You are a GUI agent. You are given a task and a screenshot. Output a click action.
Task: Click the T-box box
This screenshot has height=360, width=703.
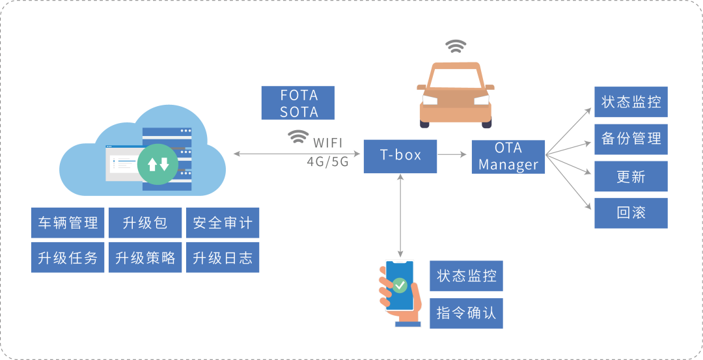coord(400,156)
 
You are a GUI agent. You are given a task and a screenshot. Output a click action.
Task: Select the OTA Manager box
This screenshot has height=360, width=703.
coord(508,157)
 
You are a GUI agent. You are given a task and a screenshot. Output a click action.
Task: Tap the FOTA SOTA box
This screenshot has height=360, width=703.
coord(298,103)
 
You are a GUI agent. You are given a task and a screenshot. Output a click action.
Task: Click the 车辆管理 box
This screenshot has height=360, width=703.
coord(68,223)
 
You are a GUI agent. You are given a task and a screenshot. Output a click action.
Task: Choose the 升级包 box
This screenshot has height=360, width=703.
coord(145,223)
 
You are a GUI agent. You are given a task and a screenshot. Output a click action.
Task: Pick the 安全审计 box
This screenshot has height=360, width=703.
coord(223,223)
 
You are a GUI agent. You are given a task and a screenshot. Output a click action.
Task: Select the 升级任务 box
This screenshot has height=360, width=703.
coord(68,257)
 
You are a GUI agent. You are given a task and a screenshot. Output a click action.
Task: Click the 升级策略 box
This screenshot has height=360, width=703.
coord(145,257)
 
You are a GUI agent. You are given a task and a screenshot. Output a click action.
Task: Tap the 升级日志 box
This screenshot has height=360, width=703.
coord(223,257)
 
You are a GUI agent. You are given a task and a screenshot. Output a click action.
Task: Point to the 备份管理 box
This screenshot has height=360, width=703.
coord(631,139)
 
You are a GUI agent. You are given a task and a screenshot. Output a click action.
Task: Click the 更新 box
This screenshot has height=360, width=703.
coord(631,176)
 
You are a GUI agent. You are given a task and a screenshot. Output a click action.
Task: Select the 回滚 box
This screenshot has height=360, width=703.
coord(631,213)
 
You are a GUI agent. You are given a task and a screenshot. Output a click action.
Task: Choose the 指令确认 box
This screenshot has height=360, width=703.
coord(466,313)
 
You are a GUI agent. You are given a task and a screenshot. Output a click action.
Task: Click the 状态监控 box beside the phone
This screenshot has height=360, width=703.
coord(466,276)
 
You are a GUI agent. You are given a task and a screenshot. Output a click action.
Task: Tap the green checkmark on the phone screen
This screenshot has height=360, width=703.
coord(400,284)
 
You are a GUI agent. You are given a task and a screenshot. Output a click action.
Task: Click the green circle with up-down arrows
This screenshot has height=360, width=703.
coord(158,164)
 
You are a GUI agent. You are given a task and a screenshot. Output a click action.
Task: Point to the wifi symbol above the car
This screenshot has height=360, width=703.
coord(456,46)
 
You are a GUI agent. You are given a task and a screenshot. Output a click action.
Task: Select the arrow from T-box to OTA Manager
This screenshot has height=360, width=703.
coord(452,155)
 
